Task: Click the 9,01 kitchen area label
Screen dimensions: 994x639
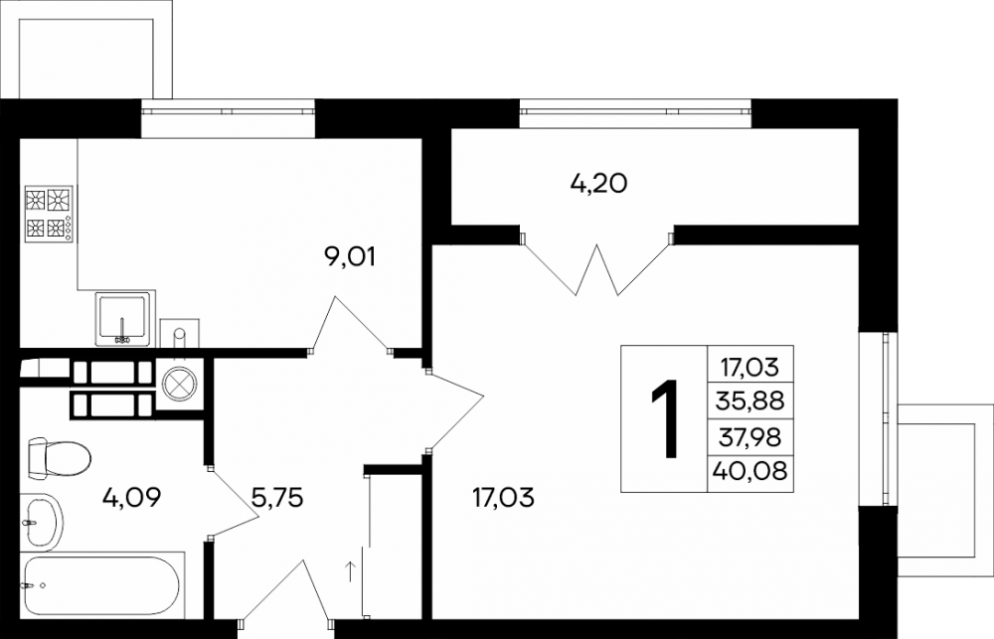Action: (x=349, y=256)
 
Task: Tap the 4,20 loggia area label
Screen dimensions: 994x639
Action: (x=598, y=183)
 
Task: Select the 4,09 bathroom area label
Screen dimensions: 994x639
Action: (x=132, y=497)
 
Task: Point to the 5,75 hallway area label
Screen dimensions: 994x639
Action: (x=277, y=497)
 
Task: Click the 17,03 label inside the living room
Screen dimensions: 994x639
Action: (x=503, y=497)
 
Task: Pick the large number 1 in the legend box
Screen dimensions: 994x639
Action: (x=664, y=418)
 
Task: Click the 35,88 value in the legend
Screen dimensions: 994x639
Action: (x=750, y=400)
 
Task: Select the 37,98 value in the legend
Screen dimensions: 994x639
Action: (x=750, y=436)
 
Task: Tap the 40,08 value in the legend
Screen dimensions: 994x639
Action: (x=750, y=470)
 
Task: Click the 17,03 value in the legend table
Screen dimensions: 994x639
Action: (x=750, y=367)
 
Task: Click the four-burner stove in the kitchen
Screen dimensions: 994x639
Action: (x=49, y=214)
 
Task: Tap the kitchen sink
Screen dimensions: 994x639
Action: (x=123, y=319)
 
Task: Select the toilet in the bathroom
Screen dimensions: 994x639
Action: (x=59, y=456)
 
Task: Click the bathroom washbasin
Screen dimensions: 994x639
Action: (x=42, y=522)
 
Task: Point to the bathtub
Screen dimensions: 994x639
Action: (x=99, y=585)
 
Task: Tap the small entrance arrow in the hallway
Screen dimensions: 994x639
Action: (x=350, y=570)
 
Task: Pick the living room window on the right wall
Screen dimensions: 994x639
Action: (x=887, y=418)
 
